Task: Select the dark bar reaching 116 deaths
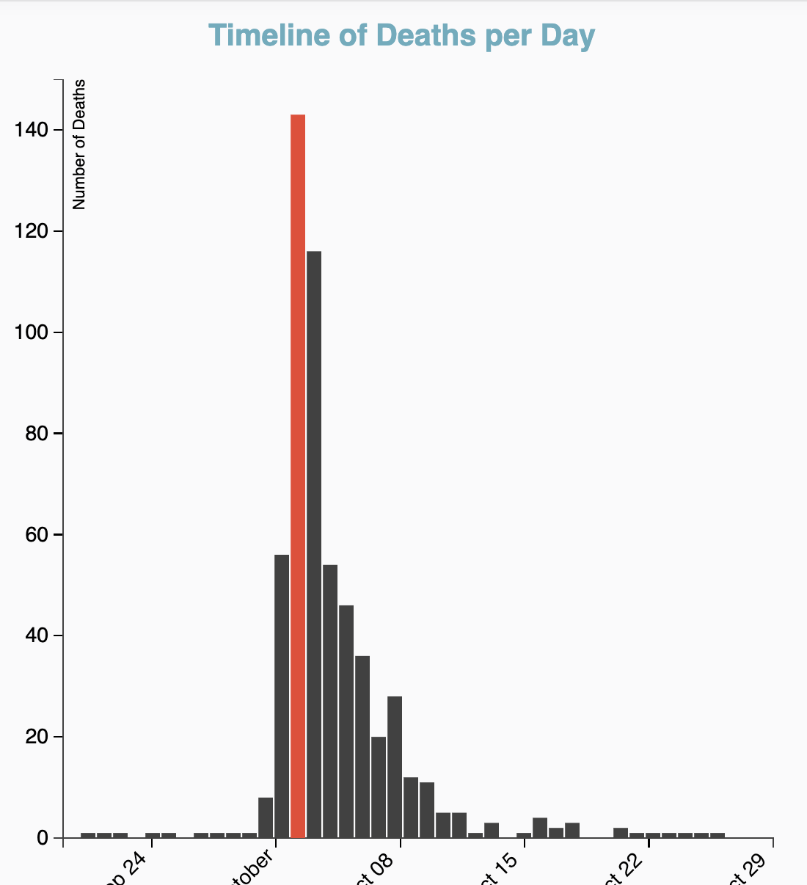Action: tap(314, 544)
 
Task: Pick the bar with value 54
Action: tap(330, 701)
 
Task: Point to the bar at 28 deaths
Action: tap(395, 767)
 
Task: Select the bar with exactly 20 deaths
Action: tap(379, 787)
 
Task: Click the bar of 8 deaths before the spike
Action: tap(266, 817)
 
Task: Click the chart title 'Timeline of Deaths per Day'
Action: tap(402, 35)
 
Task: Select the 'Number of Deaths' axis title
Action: tap(79, 145)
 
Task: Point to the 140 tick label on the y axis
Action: tap(32, 130)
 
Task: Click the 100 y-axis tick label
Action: tap(32, 332)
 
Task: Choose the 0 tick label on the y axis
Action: tap(43, 838)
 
